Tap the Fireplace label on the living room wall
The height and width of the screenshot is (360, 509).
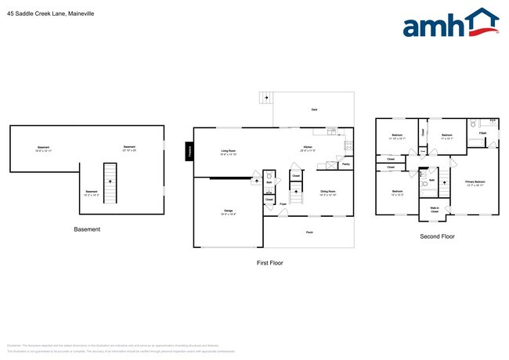coord(190,151)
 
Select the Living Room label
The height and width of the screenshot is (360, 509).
coord(228,152)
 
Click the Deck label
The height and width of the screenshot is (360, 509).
coord(314,110)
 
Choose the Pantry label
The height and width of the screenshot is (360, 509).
coord(345,164)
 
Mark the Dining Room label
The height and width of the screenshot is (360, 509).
coord(327,193)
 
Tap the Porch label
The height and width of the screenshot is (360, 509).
coord(309,232)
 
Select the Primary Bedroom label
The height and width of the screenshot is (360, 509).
coord(475,183)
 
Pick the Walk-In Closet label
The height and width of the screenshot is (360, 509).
coord(434,209)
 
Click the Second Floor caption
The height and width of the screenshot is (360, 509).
coord(438,236)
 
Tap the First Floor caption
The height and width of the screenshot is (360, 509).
coord(270,263)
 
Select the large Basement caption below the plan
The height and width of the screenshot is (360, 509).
coord(87,229)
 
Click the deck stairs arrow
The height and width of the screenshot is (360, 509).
coord(265,98)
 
